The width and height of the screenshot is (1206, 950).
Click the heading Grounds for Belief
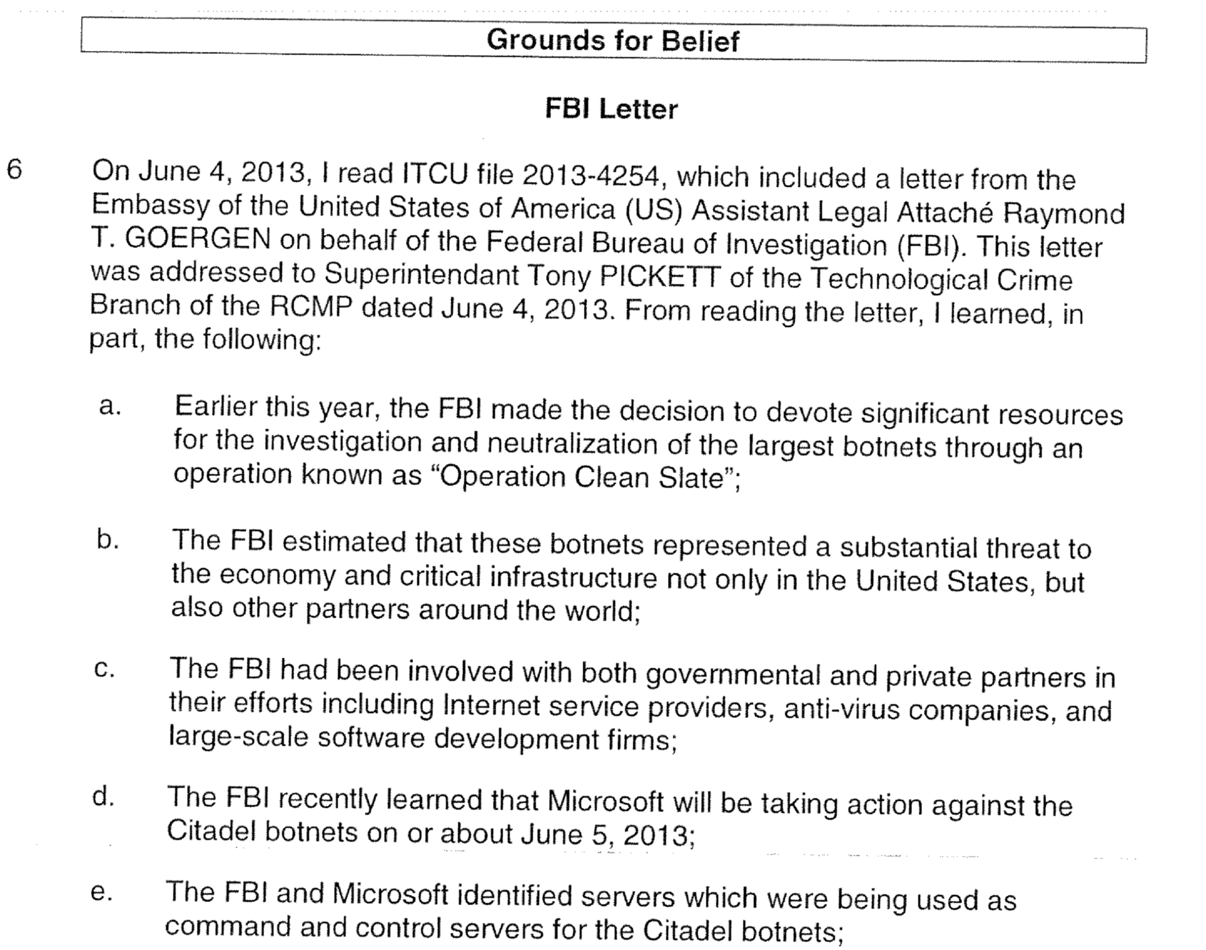tap(612, 41)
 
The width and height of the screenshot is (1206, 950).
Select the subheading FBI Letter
tap(611, 109)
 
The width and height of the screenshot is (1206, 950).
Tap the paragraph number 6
tap(14, 170)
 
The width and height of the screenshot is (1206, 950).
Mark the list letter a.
tap(109, 406)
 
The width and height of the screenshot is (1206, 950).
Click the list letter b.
tap(107, 539)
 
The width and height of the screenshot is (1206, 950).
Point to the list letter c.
tap(104, 669)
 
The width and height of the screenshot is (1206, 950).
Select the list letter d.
tap(102, 797)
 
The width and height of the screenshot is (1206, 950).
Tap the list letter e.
tap(100, 892)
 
